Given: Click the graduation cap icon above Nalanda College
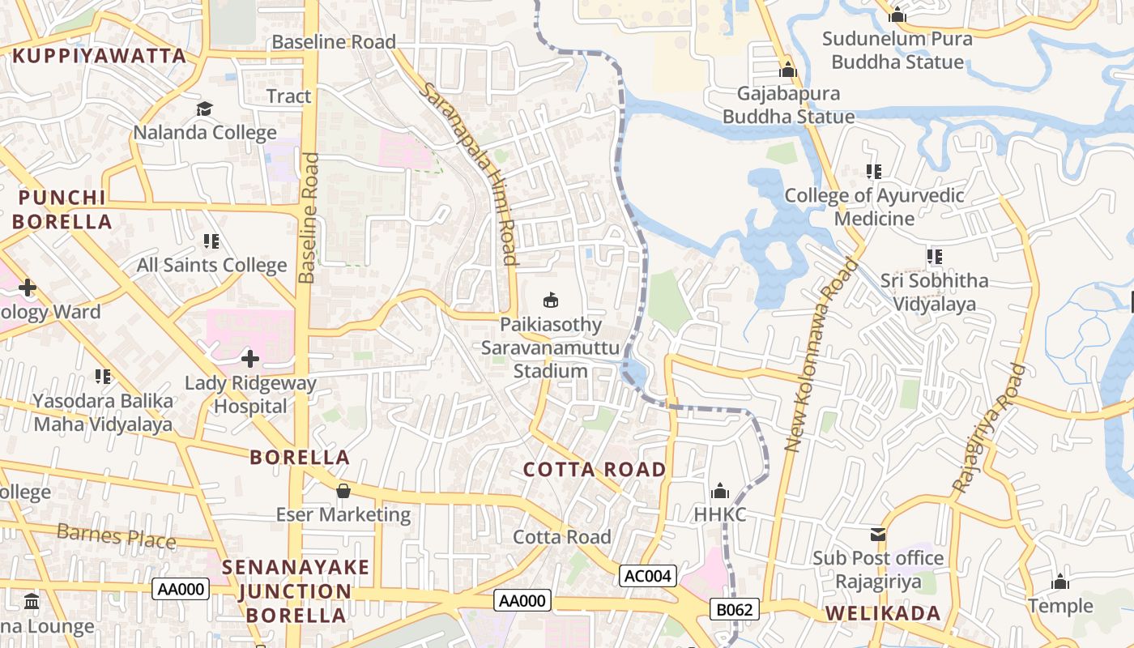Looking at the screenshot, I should [204, 109].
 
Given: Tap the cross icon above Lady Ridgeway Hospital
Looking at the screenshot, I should [250, 358].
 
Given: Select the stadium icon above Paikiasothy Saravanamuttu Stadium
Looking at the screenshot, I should [551, 301].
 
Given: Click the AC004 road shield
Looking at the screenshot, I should [648, 576].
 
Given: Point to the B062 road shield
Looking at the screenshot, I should [735, 609].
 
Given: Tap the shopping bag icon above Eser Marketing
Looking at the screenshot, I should [343, 491].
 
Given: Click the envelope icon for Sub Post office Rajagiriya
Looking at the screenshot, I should [878, 535].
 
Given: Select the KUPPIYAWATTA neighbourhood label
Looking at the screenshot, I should [99, 56].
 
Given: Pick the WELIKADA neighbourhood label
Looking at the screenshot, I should [883, 613].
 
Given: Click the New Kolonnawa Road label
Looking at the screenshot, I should [821, 355].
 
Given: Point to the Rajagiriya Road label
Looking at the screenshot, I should [989, 429].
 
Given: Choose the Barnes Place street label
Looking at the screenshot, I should [117, 535].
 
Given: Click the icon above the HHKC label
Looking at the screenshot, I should [720, 491].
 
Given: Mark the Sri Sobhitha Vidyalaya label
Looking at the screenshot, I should [934, 292].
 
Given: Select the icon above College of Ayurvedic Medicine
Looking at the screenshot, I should [874, 172].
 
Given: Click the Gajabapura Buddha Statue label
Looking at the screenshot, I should [788, 105].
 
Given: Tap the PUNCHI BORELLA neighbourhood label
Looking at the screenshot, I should [62, 210].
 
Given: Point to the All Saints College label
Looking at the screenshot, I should [211, 265].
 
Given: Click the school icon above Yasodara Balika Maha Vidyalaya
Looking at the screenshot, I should [103, 377].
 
